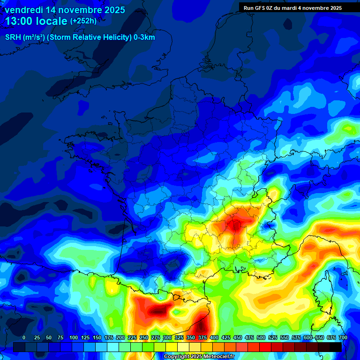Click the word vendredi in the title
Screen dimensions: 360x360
24,10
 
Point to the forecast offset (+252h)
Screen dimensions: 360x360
83,21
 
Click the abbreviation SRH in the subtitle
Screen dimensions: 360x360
13,37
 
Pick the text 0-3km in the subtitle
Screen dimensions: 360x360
144,37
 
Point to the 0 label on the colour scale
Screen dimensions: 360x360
23,338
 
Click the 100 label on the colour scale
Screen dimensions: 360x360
73,338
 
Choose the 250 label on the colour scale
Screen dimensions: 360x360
143,338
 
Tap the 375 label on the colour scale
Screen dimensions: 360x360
202,338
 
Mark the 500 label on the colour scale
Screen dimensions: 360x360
261,338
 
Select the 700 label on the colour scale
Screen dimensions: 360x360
343,338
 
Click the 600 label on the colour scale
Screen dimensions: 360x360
307,338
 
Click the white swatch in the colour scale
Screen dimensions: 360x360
183,347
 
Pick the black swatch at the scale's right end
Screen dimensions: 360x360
336,347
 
